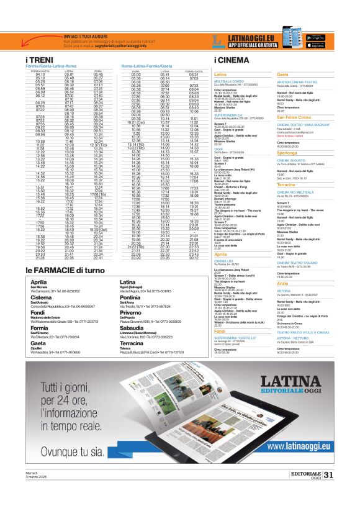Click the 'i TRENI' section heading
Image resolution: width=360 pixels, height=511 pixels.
[41, 60]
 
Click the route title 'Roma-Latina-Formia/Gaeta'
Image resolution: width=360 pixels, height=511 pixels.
[147, 66]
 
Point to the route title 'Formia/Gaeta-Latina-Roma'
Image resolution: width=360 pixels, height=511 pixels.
[53, 66]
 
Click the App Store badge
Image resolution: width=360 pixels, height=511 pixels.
[317, 45]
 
